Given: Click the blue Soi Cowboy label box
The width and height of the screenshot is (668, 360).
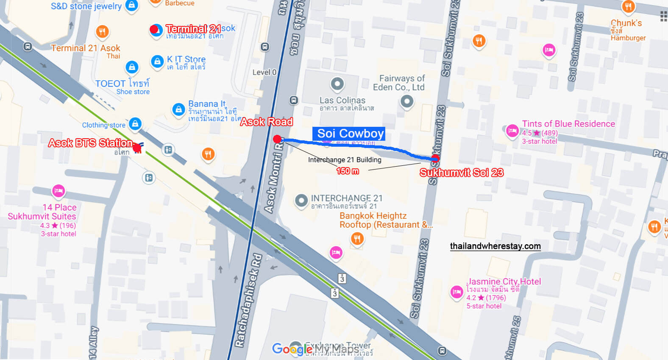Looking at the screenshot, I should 349,134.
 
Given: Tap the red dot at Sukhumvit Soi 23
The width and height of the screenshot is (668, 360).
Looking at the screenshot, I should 435,159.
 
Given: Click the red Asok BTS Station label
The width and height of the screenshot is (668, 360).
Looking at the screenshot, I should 90,143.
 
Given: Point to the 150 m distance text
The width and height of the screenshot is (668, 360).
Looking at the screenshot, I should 348,171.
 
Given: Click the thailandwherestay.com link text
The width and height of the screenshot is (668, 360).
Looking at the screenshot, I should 495,246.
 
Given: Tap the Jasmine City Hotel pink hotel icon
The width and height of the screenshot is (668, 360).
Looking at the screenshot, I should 456,292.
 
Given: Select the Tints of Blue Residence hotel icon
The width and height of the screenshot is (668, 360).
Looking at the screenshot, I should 512,131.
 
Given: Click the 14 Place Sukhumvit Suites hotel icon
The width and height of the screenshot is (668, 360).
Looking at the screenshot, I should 58,191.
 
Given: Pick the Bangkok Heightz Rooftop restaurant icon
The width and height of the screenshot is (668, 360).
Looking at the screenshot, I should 357,239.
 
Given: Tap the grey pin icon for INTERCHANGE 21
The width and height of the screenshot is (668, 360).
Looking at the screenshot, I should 301,200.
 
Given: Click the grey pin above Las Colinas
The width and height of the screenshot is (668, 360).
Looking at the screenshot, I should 337,84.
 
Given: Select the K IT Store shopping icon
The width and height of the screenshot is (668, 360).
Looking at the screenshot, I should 157,61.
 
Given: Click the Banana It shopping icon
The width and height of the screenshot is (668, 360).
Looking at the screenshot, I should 178,109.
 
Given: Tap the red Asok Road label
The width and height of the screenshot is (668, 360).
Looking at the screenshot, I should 267,122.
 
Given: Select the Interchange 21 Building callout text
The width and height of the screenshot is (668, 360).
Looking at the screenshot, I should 345,160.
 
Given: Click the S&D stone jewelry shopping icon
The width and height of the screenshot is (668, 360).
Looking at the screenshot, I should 132,6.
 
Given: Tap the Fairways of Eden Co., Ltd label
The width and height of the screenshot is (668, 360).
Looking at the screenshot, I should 399,83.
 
